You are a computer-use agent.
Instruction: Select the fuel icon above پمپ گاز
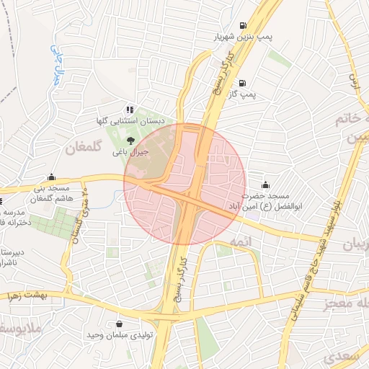[x=241, y=83]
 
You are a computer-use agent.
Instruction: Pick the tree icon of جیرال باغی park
[x=130, y=141]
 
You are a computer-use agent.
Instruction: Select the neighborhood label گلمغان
[x=81, y=149]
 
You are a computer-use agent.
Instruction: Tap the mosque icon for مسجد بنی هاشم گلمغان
[x=51, y=177]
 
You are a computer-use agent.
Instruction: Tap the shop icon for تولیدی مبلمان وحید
[x=119, y=324]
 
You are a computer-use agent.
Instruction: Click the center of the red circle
[x=185, y=185]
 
